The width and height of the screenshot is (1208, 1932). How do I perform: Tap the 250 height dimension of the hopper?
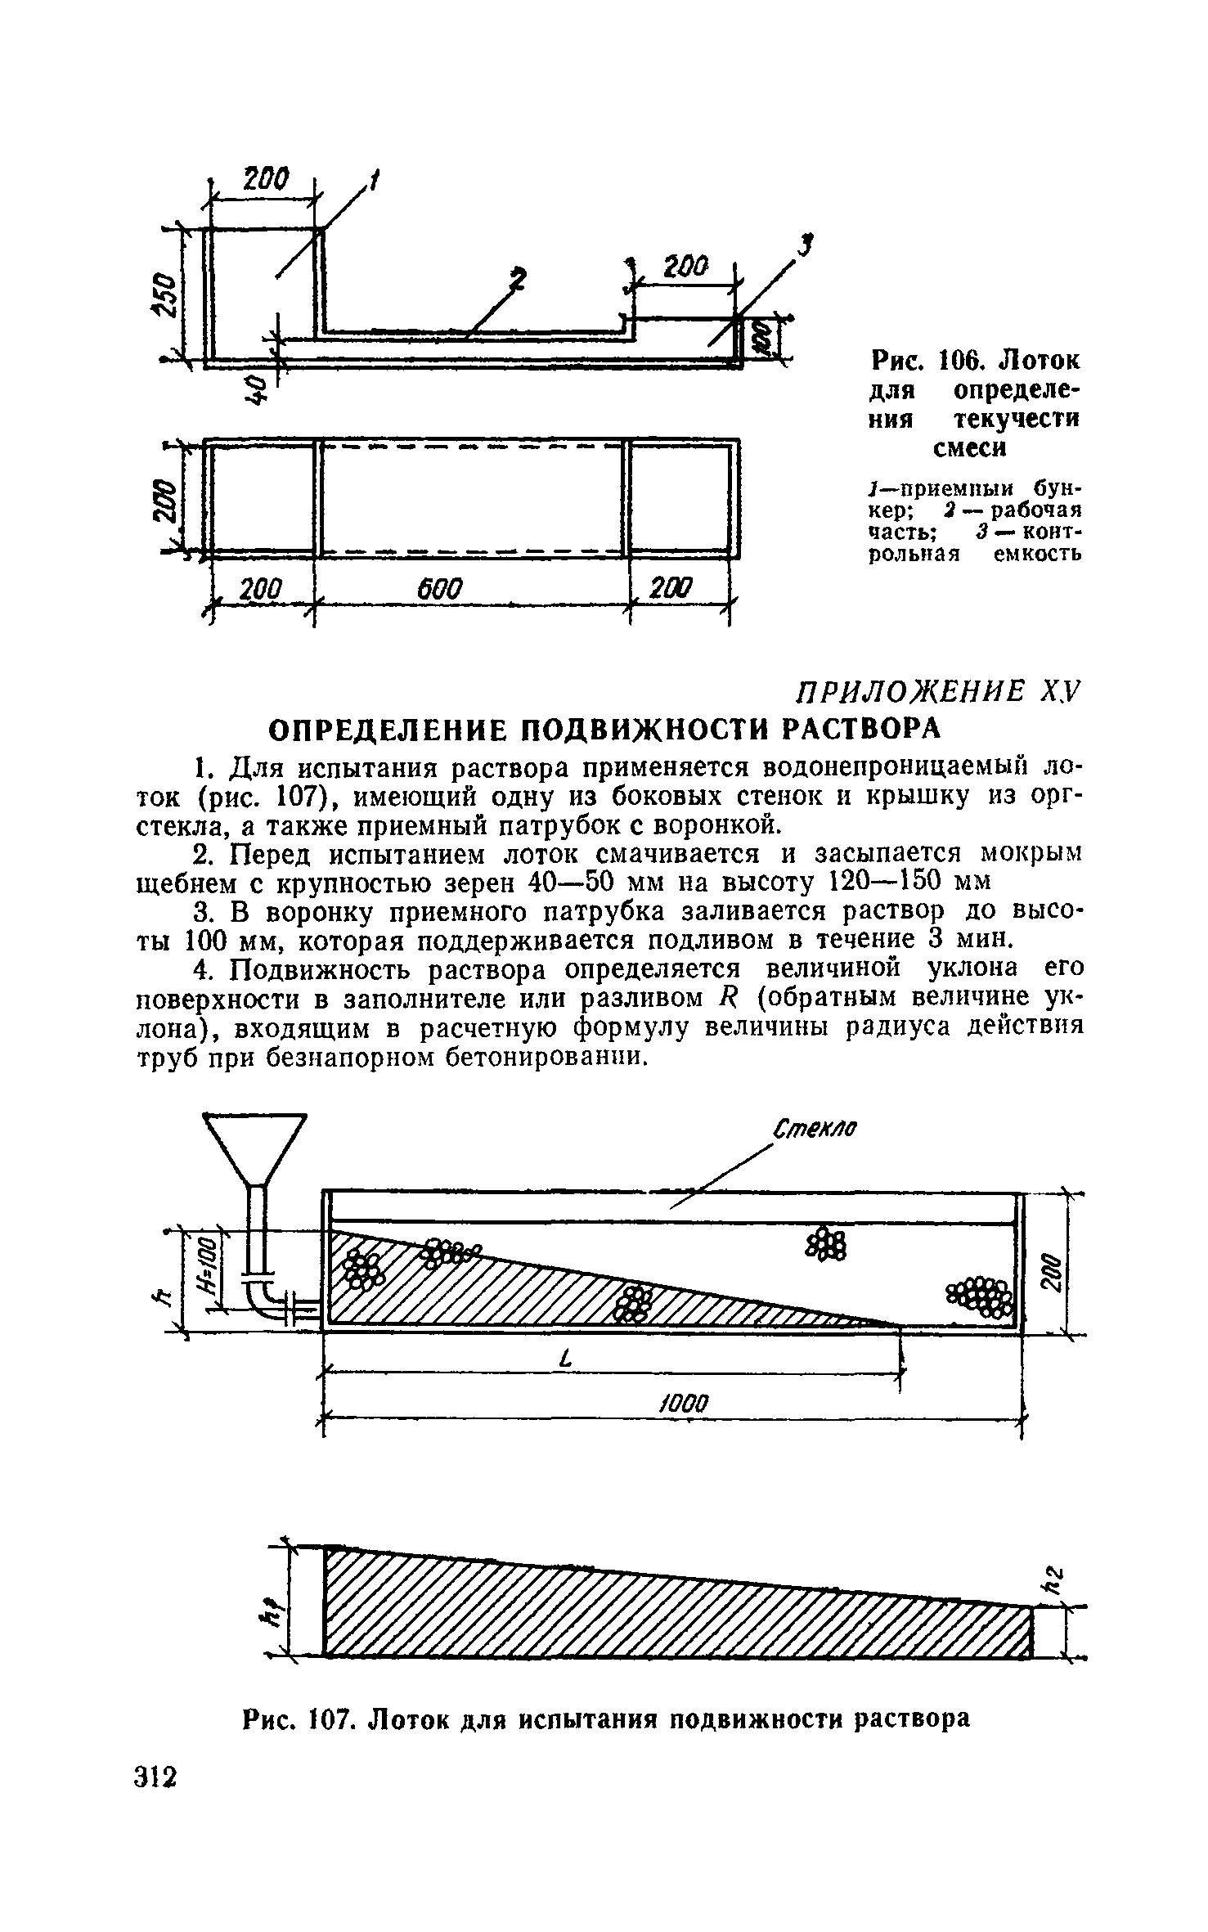pos(164,294)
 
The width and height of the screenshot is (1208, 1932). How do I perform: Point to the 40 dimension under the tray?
pos(257,389)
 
